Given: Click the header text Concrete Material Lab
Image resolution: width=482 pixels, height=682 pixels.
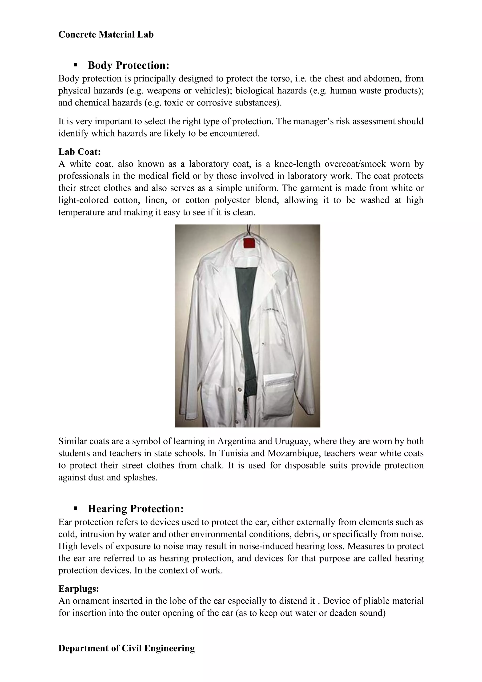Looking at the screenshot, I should pyautogui.click(x=106, y=35).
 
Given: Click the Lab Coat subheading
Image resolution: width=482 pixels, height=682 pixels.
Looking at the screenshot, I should pyautogui.click(x=80, y=152).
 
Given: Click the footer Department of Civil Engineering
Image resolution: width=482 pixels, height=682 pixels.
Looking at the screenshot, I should pyautogui.click(x=127, y=648).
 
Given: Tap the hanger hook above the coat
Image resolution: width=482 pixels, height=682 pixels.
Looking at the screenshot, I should pyautogui.click(x=249, y=230).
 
